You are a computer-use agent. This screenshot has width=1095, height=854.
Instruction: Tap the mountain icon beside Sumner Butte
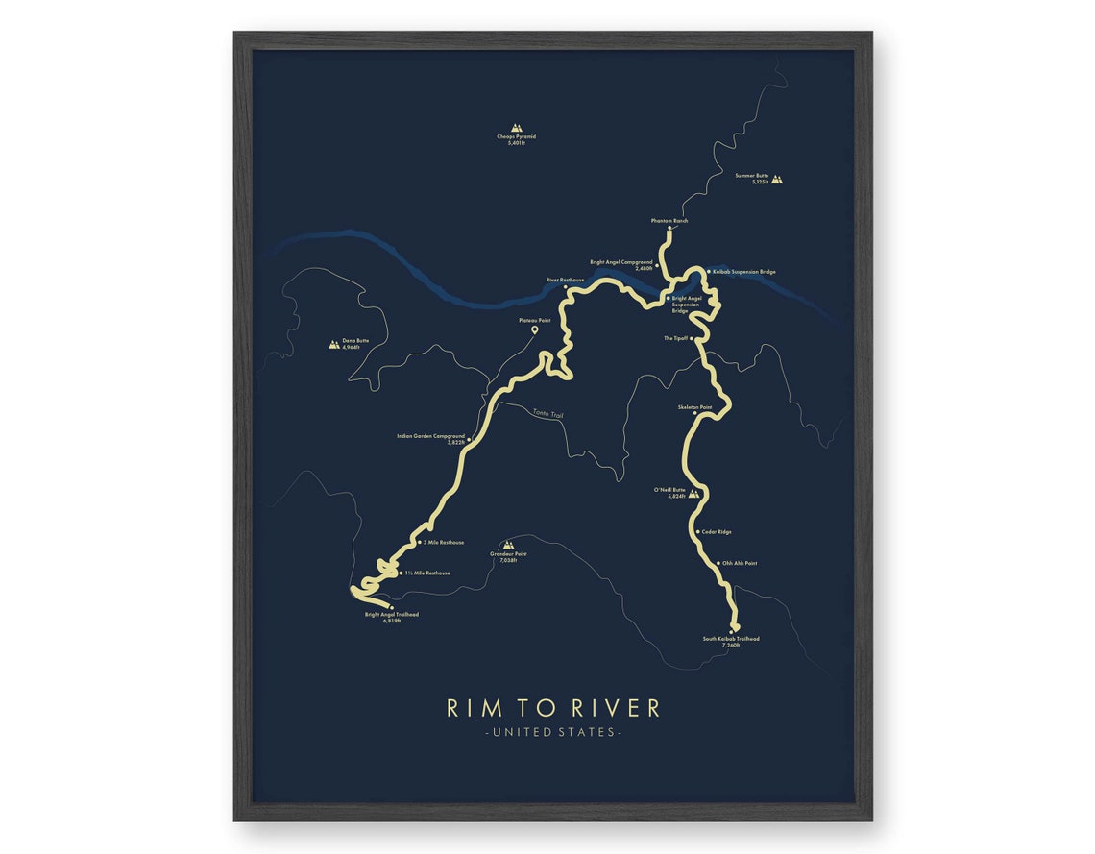(x=777, y=178)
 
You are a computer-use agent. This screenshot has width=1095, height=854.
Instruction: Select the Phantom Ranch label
(x=669, y=221)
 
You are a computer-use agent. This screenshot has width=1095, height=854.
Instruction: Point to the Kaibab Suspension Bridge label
(x=743, y=272)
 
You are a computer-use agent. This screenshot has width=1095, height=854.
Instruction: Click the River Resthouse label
(x=565, y=280)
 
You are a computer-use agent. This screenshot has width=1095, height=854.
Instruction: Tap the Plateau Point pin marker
(x=534, y=330)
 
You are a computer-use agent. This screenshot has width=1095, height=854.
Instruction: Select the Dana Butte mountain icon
(x=334, y=343)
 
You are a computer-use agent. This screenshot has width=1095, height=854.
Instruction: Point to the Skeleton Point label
(x=694, y=407)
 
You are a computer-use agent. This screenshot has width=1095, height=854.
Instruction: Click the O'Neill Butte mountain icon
(x=693, y=493)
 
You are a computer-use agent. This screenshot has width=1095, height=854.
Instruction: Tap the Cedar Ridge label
(x=717, y=531)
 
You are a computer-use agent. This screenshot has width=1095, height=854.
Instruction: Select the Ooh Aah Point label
(x=739, y=563)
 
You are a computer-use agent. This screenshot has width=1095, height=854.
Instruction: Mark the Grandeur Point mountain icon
(x=509, y=544)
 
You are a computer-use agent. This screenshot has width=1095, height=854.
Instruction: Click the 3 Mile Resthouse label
(x=443, y=542)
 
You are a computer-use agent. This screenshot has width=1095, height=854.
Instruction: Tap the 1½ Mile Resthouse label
(x=426, y=573)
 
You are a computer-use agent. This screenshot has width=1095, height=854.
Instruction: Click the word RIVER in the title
(x=616, y=708)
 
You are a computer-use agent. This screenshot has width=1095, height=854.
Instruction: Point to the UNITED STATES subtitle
(x=552, y=732)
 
